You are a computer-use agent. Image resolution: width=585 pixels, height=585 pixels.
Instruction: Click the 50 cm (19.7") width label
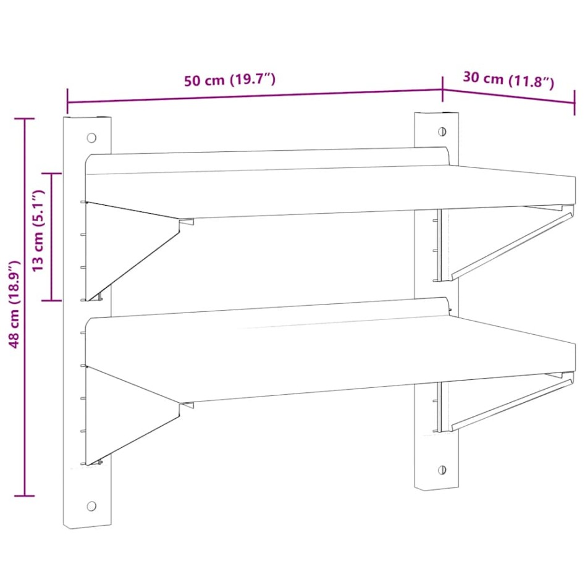229,80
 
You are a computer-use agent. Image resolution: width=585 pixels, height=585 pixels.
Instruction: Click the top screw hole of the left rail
91,137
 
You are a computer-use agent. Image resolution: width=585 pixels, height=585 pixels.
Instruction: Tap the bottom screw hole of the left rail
91,506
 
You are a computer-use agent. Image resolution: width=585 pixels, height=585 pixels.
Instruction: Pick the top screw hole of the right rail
442,131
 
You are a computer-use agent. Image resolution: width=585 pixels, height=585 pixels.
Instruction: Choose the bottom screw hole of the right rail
442,470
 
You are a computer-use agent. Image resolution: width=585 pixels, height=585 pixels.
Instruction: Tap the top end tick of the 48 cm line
24,119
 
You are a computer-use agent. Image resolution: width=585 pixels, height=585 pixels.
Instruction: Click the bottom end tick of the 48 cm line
24,495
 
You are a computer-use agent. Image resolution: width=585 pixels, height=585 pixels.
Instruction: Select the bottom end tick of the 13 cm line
51,300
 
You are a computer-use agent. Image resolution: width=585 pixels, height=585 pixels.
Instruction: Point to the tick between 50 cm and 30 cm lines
442,90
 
